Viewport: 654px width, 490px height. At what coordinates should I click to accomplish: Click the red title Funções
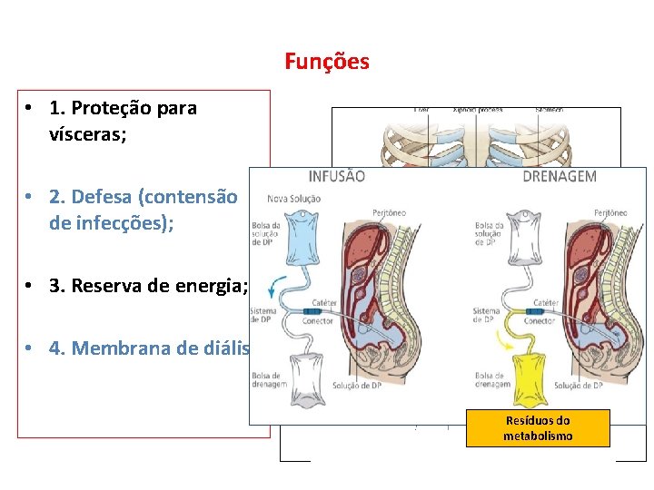pos(326,62)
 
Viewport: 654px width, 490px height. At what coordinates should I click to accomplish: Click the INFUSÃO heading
pos(337,176)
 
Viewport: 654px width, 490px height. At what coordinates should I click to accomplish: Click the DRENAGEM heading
pos(560,176)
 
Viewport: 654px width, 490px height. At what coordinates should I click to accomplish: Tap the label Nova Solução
pos(292,199)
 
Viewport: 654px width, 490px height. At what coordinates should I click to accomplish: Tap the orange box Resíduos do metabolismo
pos(537,428)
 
